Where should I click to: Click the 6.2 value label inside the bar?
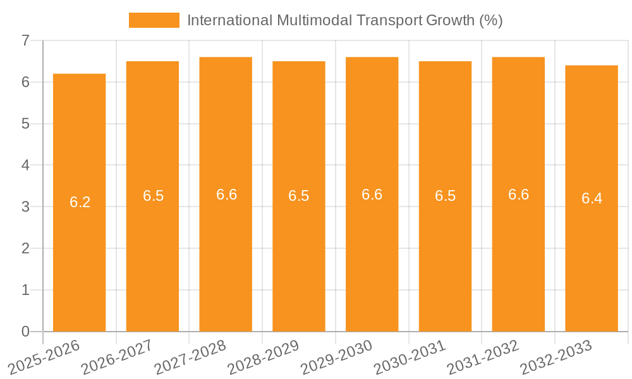point(80,202)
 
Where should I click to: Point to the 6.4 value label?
point(592,198)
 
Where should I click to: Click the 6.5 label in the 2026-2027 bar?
point(153,196)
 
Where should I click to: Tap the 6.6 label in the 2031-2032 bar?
point(518,195)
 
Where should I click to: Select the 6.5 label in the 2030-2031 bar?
point(445,196)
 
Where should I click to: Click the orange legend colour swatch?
point(154,20)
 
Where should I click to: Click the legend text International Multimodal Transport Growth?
point(344,20)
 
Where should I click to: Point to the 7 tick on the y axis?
point(25,40)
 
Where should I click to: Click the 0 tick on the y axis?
point(25,332)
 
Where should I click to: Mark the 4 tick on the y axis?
point(25,165)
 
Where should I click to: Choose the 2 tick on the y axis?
point(25,248)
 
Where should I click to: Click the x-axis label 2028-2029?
point(263,357)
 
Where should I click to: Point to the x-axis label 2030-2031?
point(410,357)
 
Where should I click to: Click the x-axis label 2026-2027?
point(117,357)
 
